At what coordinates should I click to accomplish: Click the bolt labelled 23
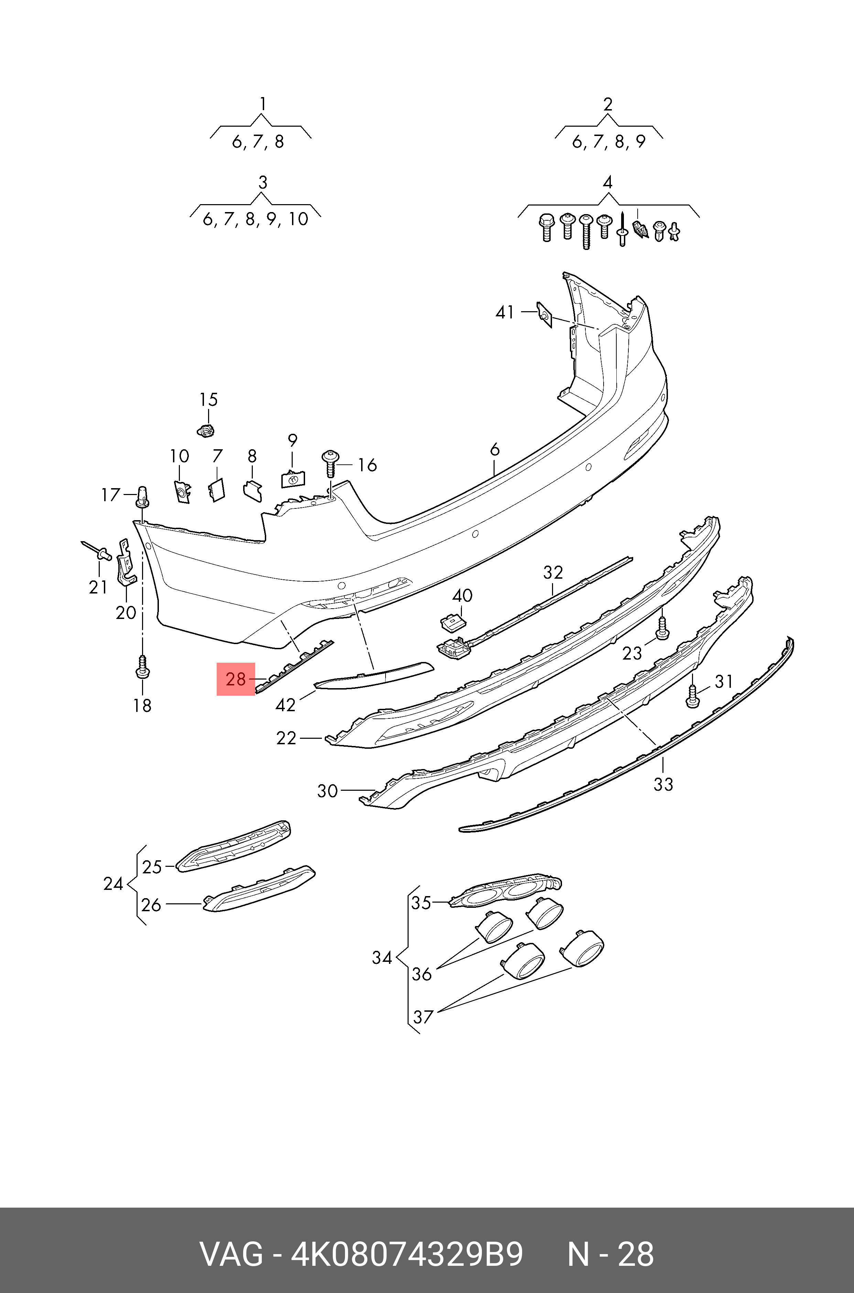coord(662,629)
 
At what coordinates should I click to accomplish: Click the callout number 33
coord(663,785)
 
